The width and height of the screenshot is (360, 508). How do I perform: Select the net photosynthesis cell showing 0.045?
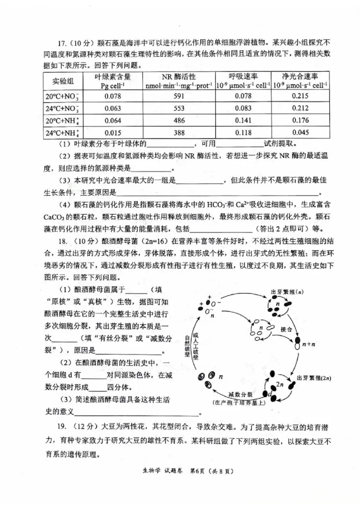[x=300, y=132]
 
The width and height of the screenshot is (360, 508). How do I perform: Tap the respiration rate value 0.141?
[x=243, y=120]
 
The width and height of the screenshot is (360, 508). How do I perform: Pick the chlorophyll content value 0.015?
[x=112, y=132]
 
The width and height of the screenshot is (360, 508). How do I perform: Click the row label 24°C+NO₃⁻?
[x=62, y=109]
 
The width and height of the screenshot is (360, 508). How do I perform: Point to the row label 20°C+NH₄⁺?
[x=62, y=121]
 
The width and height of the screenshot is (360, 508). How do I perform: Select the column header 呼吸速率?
[x=243, y=76]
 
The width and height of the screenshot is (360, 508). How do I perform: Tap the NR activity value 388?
[x=180, y=132]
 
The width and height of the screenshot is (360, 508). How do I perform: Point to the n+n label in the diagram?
[x=307, y=345]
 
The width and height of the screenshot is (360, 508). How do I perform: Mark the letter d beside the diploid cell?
[x=270, y=395]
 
